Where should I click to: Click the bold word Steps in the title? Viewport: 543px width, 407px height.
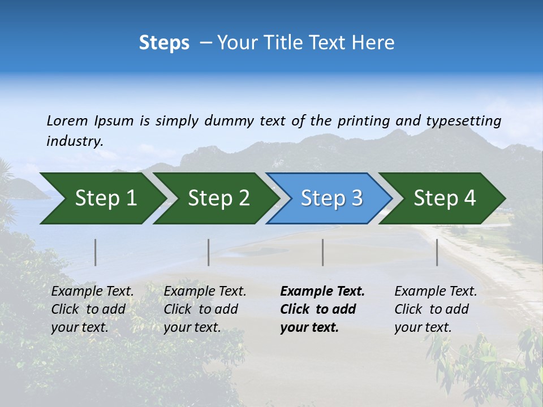[164, 43]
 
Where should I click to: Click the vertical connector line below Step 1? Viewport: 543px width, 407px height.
[96, 252]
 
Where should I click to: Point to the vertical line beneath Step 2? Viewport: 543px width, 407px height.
[209, 252]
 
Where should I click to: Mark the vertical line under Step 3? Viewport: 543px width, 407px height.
[323, 252]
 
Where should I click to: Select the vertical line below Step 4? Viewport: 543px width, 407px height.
[437, 252]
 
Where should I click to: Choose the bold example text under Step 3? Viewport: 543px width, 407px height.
[322, 309]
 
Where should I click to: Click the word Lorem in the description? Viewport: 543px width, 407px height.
[67, 121]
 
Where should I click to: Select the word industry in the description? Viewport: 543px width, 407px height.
[74, 141]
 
